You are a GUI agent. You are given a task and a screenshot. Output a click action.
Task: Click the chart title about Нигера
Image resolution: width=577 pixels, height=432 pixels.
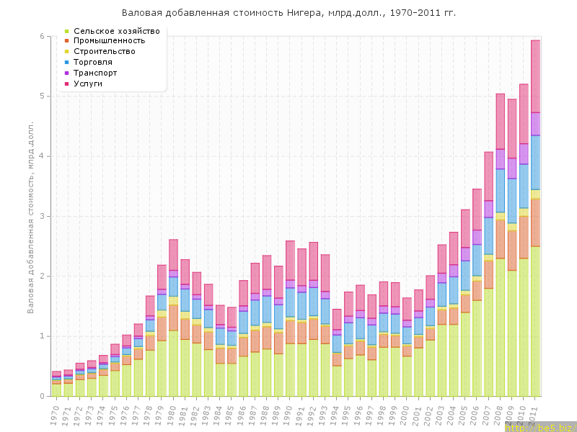click(288, 13)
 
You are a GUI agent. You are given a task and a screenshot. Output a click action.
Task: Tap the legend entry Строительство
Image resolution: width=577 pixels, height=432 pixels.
click(105, 52)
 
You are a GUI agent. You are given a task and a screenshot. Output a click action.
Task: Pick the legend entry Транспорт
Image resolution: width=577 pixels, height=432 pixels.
click(95, 73)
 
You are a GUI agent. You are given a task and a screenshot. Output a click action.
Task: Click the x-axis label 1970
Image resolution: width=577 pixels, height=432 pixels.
click(56, 415)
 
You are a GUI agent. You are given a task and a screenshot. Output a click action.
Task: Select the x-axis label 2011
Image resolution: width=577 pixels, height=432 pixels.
click(535, 415)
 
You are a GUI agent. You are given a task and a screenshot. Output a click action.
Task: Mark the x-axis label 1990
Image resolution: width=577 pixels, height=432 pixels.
click(290, 415)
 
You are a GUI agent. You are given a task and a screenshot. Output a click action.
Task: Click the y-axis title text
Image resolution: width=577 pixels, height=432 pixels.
click(31, 216)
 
